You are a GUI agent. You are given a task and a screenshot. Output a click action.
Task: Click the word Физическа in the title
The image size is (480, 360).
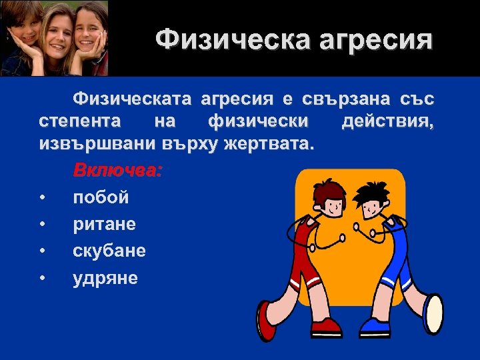point(217,39)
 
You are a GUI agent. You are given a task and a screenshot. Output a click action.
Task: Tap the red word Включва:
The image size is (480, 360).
point(117,170)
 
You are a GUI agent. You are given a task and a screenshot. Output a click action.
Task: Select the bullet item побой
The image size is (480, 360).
point(101,197)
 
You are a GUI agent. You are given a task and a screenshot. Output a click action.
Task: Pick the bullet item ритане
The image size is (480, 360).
point(104,224)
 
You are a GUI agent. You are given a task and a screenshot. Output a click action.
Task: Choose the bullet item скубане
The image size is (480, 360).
point(109,251)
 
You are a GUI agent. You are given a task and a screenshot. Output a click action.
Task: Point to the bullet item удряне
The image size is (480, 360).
point(105,277)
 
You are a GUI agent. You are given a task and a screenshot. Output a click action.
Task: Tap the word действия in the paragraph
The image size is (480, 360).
point(387,121)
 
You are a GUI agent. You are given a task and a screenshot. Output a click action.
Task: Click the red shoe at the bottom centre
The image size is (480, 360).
point(325,326)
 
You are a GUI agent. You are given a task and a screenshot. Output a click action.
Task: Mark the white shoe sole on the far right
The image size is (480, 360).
point(434,313)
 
